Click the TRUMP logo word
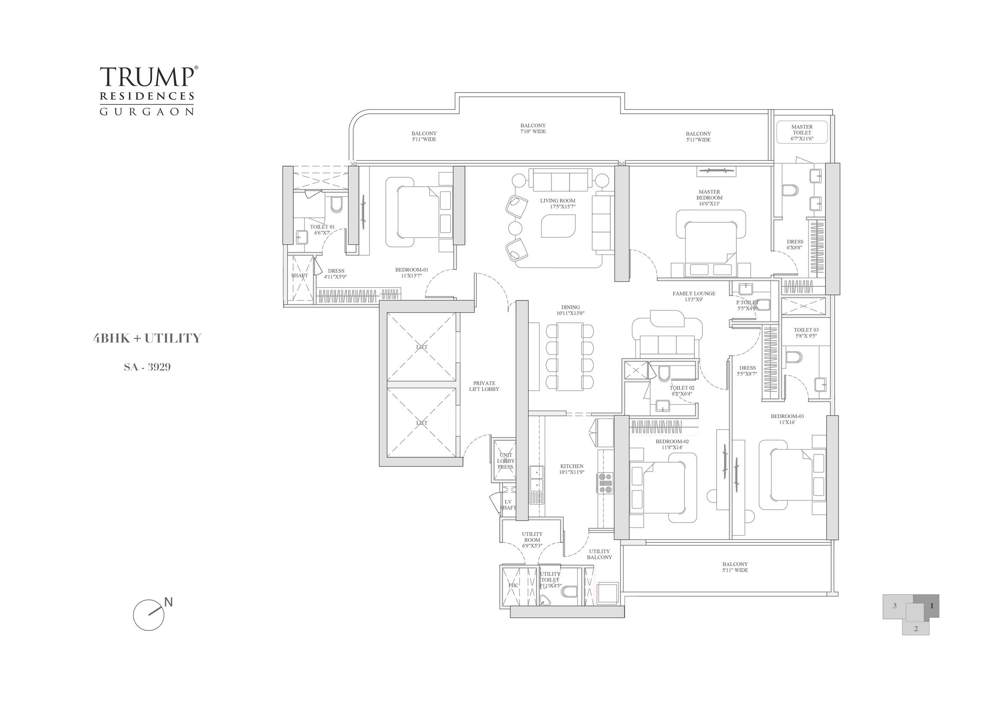pos(146,77)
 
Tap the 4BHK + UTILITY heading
pos(147,338)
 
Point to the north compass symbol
pos(149,615)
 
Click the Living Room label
pos(557,203)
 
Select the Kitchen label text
pos(571,469)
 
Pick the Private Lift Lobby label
pos(484,386)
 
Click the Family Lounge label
pos(693,296)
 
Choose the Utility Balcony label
pos(599,554)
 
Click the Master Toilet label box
pos(802,133)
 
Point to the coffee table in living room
pos(558,226)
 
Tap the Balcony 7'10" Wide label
pos(533,128)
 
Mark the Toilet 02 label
pos(682,390)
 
